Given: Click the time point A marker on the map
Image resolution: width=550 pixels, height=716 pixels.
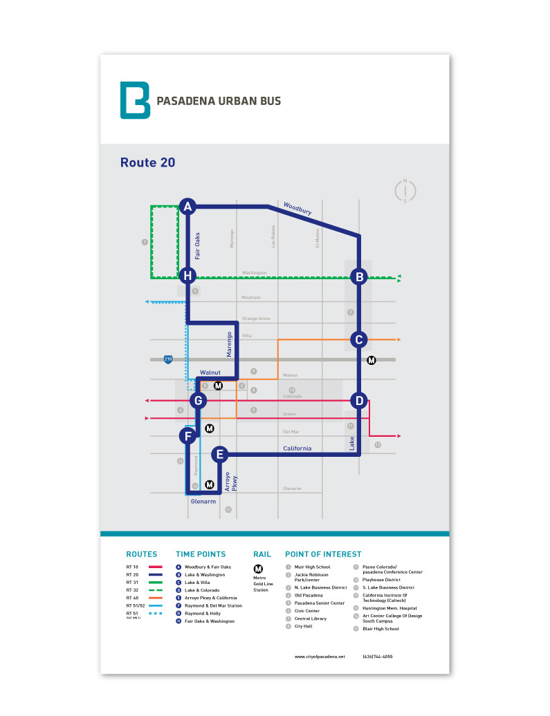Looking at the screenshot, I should pos(187,206).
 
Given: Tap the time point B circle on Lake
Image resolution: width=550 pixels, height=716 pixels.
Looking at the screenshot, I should pos(358,276).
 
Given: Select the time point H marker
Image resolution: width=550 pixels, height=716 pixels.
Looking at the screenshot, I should pos(187,276).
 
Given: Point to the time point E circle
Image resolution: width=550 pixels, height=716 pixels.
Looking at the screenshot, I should pos(219,454).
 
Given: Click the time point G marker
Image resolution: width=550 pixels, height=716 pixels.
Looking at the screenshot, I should pos(198,400).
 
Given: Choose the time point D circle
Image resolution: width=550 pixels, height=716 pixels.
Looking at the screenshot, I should pos(358,400).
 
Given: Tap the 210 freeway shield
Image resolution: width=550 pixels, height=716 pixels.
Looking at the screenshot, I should pos(167,359).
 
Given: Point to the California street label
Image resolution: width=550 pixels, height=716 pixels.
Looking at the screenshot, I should pos(297,449).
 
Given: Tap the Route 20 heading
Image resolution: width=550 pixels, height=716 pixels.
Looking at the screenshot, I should pos(147,163).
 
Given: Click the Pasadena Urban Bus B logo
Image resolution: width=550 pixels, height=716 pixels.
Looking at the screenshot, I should pos(135,100).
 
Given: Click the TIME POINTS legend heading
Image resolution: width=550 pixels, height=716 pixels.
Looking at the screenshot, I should pos(201,554).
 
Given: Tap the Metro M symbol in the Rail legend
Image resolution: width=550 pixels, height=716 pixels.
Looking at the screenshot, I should pos(259,569).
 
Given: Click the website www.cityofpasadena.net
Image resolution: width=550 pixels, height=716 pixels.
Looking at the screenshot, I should pos(319,656).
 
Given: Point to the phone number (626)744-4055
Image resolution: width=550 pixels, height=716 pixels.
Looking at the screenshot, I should pos(377,656).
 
